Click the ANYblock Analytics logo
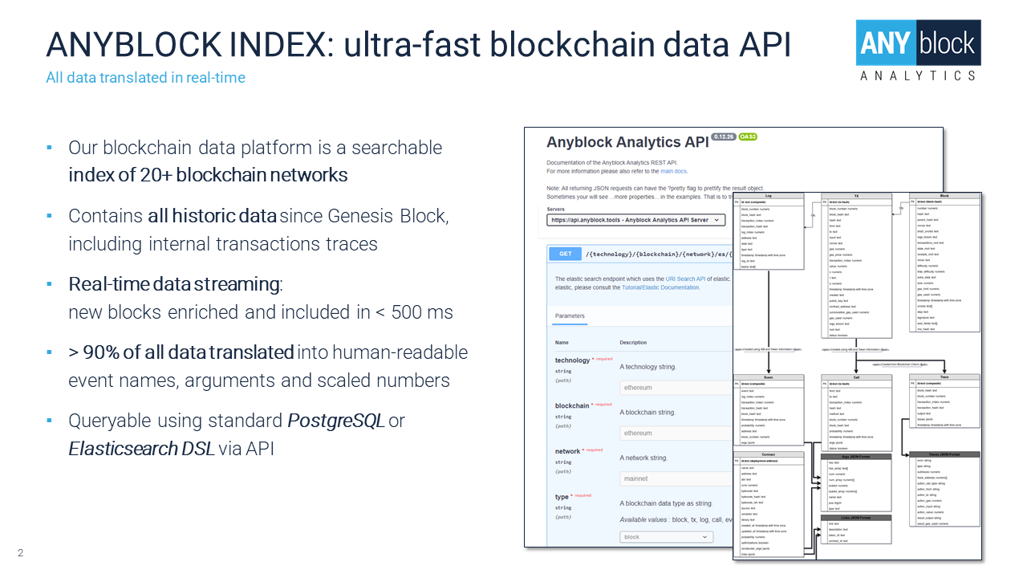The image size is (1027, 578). click(x=918, y=50)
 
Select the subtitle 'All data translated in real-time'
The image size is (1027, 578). click(x=145, y=78)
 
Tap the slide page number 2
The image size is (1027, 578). click(x=21, y=552)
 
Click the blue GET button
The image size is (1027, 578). click(x=565, y=254)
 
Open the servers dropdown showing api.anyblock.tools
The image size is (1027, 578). click(x=636, y=220)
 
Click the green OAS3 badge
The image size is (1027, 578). click(x=748, y=137)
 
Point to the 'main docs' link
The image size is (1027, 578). click(x=674, y=171)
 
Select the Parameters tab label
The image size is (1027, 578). click(x=570, y=315)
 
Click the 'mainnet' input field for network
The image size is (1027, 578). click(x=674, y=478)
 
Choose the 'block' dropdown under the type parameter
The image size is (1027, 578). click(x=667, y=537)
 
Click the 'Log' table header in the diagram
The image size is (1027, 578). click(x=769, y=196)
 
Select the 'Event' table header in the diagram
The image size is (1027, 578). click(x=769, y=377)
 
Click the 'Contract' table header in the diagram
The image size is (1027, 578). click(x=769, y=454)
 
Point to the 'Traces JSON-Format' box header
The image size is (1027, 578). click(x=944, y=455)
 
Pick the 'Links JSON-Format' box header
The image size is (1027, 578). click(x=855, y=518)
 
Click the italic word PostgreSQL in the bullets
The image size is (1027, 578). click(x=335, y=421)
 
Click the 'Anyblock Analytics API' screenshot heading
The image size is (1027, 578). click(x=627, y=142)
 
